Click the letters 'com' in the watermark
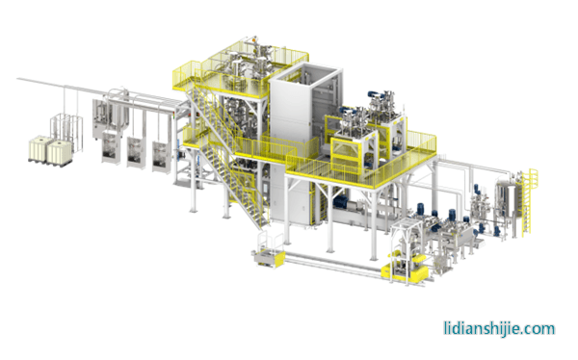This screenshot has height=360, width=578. coord(540,328)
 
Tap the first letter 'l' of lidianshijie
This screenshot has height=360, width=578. coord(445,327)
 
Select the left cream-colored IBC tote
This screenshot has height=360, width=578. coord(40,148)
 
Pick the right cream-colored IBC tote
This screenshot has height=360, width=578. coord(59,152)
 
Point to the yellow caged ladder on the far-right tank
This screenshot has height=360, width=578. coord(528,201)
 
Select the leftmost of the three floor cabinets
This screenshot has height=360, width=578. coord(111,148)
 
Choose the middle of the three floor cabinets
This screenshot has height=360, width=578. coord(136,153)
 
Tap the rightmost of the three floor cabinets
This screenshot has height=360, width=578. coord(162,158)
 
